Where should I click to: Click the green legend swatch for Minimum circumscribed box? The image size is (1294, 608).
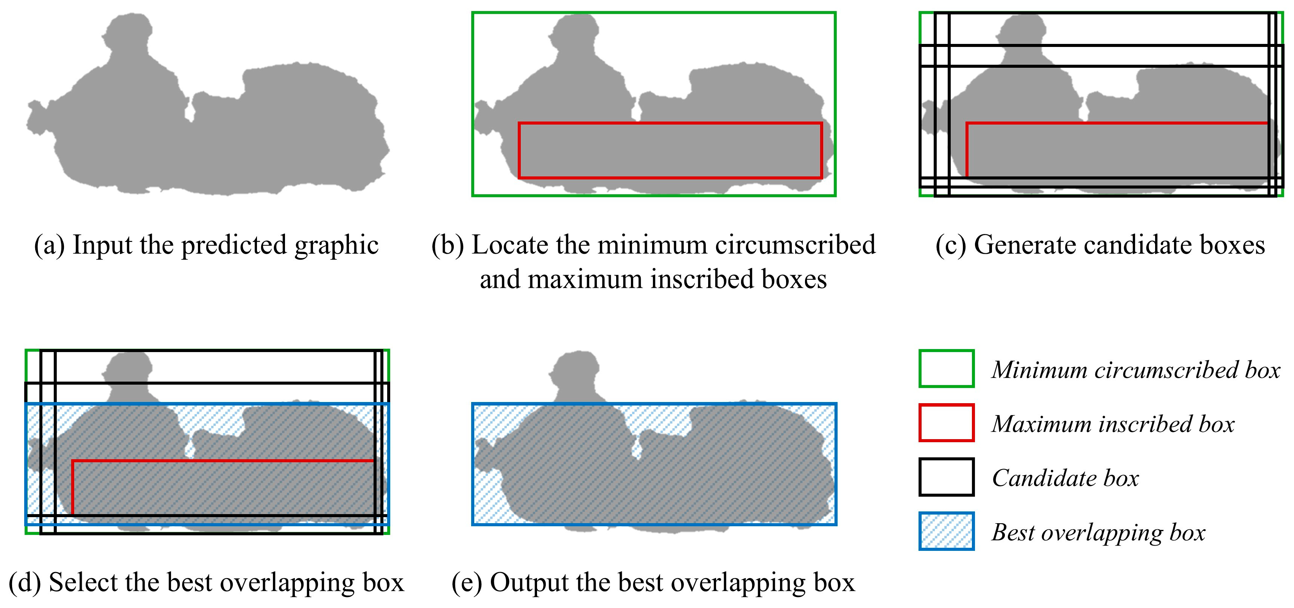click(947, 369)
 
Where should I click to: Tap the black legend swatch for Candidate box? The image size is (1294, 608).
click(947, 477)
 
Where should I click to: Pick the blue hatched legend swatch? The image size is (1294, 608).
click(947, 531)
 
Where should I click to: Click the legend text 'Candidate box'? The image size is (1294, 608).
click(1065, 478)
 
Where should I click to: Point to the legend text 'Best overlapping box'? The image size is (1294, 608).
click(1098, 533)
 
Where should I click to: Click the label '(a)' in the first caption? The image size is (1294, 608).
click(49, 246)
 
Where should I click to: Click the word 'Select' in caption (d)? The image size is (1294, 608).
click(83, 583)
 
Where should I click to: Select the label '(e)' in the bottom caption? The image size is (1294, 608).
click(467, 583)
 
